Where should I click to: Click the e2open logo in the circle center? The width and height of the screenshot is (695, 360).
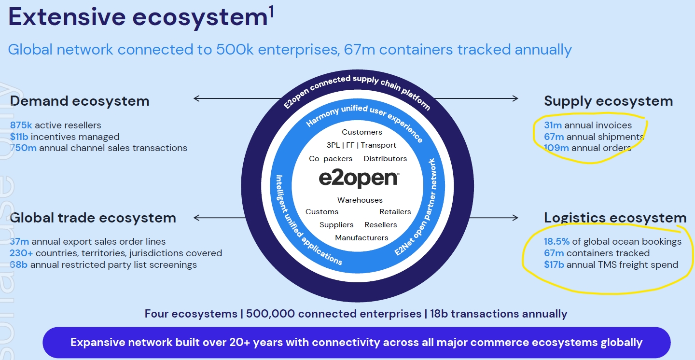(359, 179)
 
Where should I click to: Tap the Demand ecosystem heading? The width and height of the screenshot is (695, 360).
(80, 101)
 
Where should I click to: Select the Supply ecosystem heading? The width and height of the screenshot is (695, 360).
(608, 101)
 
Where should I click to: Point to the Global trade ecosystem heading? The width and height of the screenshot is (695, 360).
(93, 218)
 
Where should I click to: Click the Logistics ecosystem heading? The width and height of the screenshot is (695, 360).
(615, 218)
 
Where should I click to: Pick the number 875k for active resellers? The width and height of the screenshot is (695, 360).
(21, 125)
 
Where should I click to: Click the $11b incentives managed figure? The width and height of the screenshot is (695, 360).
(19, 137)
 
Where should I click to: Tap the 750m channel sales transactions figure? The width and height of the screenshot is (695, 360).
(23, 148)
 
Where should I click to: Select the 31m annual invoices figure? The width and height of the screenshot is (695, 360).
(553, 125)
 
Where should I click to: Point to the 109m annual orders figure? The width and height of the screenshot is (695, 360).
(556, 148)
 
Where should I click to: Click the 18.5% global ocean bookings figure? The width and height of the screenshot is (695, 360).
(556, 242)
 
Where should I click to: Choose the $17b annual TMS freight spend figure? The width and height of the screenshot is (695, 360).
(554, 264)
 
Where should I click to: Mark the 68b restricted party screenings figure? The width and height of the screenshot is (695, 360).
(19, 264)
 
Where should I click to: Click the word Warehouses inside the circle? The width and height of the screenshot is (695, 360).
(360, 200)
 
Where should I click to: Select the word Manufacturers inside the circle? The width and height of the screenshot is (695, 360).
(361, 238)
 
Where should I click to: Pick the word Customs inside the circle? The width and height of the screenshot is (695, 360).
(322, 212)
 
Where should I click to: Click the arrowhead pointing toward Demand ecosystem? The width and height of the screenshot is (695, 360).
(196, 99)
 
